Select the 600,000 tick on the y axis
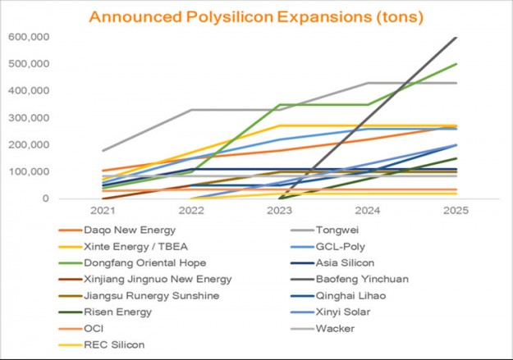point(29,37)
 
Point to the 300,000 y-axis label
point(29,117)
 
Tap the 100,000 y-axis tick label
point(29,171)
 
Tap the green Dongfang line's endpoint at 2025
point(456,64)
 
